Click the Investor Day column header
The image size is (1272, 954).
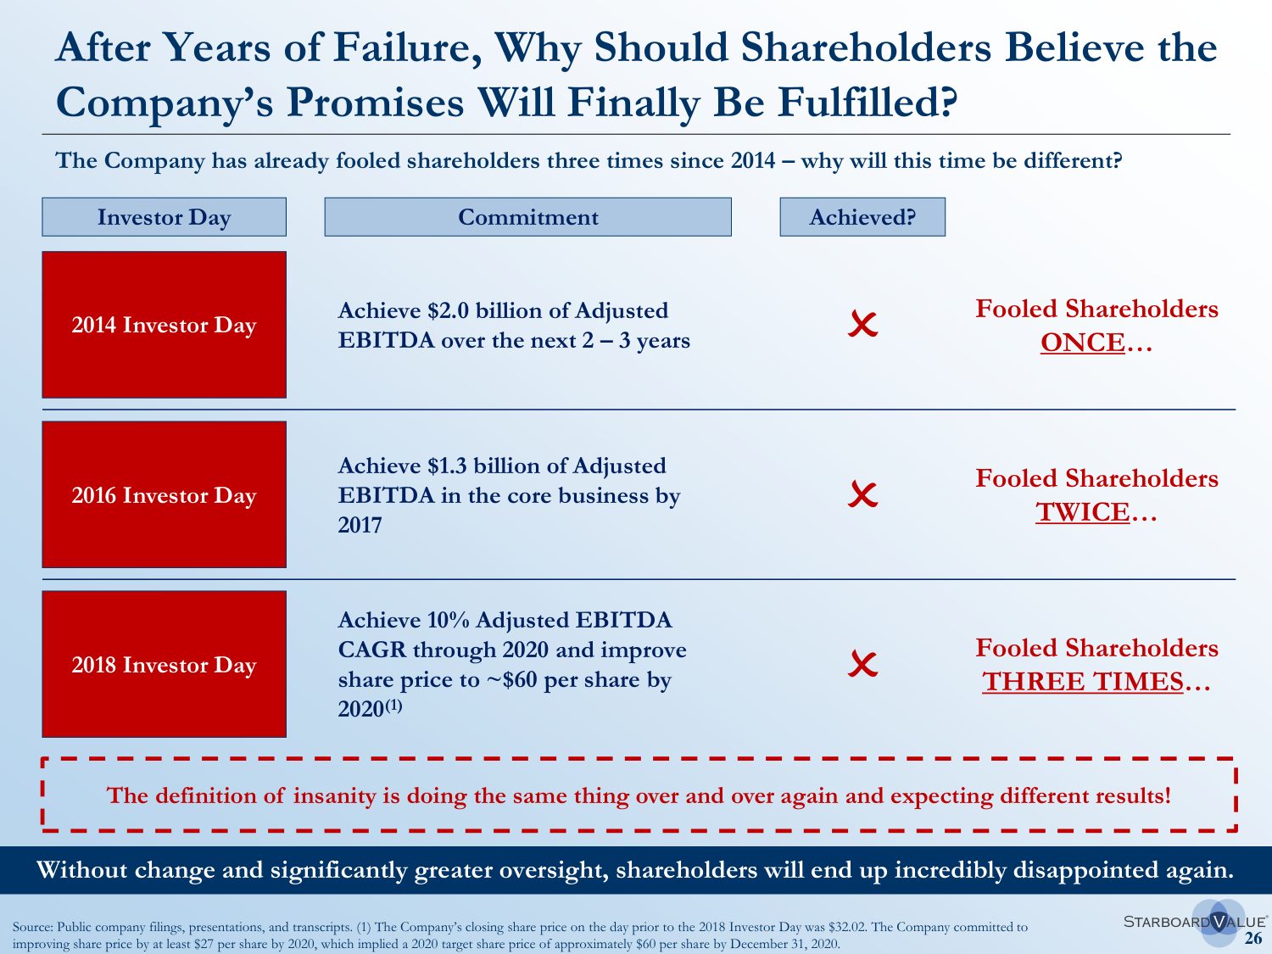coord(164,217)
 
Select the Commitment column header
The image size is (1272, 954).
coord(527,217)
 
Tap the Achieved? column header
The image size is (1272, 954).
coord(862,217)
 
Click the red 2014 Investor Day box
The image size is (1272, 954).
coord(164,325)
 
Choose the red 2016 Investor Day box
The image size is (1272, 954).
coord(164,494)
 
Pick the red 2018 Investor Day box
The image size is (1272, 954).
coord(164,664)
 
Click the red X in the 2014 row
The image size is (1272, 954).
coord(862,324)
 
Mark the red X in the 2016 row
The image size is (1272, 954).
coord(862,494)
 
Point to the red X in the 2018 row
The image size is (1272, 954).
coord(862,664)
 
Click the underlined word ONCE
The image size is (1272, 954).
coord(1082,343)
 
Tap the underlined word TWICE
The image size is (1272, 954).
coord(1082,512)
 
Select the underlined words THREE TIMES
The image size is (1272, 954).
coord(1082,682)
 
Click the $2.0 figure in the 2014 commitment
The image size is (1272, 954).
coord(449,310)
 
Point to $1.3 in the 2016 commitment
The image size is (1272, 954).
coord(447,466)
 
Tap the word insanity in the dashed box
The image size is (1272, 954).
coord(334,795)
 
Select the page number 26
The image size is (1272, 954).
coord(1252,938)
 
